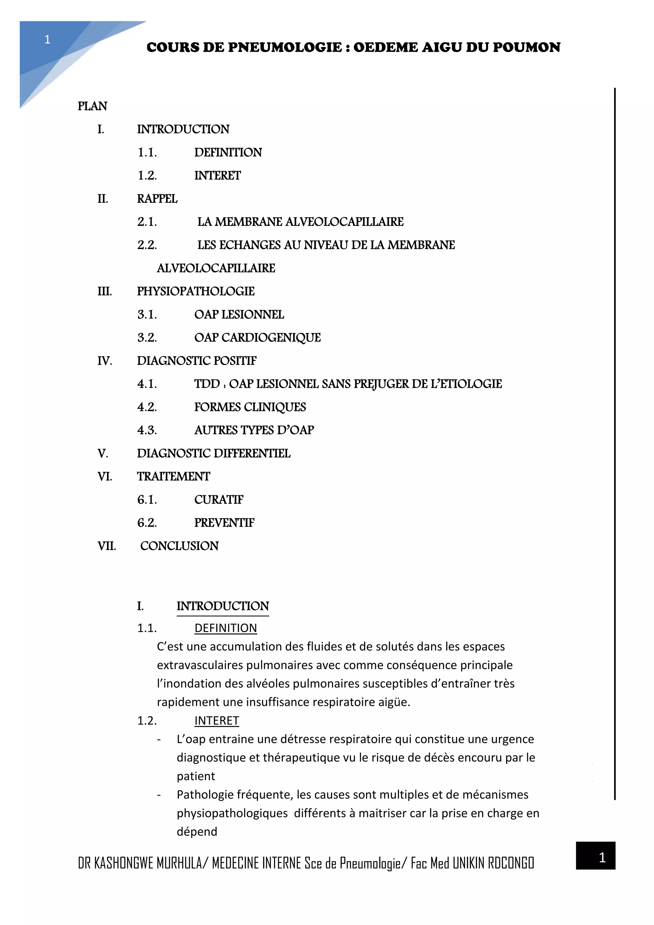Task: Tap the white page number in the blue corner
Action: coord(47,40)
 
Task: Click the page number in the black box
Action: coord(602,857)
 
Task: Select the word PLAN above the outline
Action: coord(92,106)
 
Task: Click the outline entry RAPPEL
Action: coord(157,199)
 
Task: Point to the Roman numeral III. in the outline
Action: coord(105,291)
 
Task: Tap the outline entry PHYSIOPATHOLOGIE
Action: coord(196,291)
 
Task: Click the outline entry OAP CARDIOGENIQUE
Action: coord(257,338)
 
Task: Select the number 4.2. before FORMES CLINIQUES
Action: coord(147,407)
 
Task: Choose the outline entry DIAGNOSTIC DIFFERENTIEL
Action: coord(213,454)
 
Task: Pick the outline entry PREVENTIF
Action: coord(224,523)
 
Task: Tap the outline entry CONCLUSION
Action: coord(179,546)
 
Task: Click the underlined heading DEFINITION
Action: coord(225,628)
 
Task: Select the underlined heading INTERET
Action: coord(217,721)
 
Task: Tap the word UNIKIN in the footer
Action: coord(468,863)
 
